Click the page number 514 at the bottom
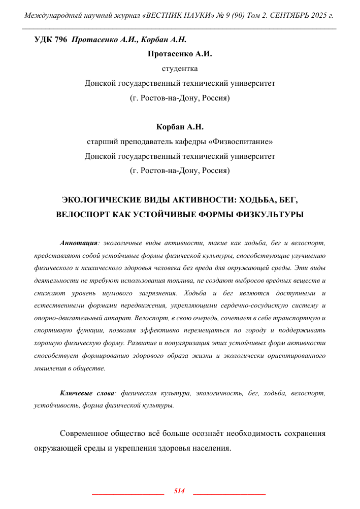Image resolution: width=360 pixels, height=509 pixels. click(179, 491)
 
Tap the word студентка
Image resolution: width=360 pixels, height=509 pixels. click(179, 69)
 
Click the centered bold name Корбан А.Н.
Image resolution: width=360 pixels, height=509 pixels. click(179, 126)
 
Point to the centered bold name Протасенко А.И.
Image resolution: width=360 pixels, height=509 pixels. click(179, 54)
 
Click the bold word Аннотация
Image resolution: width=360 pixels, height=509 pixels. click(79, 243)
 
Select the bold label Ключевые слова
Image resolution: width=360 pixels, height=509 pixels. click(87, 393)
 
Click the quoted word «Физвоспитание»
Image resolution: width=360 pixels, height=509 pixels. click(250, 142)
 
